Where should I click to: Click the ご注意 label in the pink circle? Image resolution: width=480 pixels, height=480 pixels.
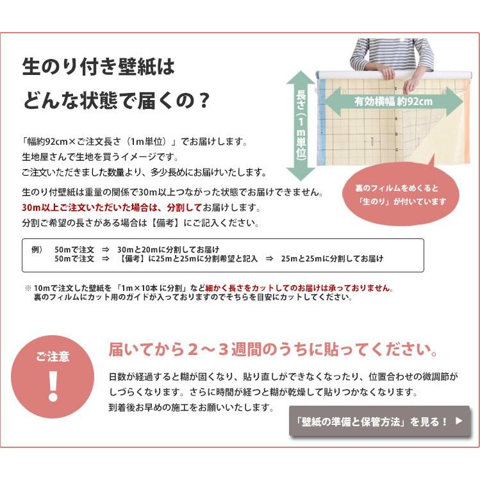(53, 357)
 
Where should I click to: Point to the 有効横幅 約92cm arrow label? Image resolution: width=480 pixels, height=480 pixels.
(393, 101)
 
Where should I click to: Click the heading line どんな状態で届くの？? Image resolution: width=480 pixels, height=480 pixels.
(116, 101)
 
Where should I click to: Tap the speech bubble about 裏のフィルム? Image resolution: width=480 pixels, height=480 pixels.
(402, 195)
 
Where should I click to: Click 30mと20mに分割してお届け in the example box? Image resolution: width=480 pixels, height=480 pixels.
(169, 249)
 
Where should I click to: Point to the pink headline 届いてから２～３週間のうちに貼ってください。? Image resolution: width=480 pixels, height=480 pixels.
(273, 350)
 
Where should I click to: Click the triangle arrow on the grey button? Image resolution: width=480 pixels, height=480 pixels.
(458, 421)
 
